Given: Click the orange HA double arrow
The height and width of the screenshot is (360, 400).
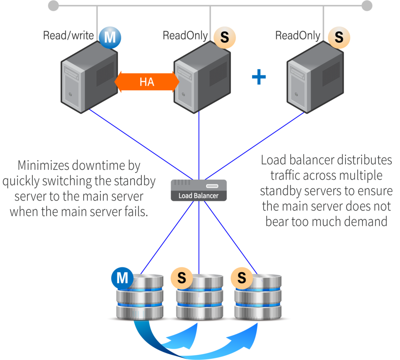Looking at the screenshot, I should tap(147, 82).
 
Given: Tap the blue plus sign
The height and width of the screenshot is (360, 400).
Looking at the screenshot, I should tap(259, 77).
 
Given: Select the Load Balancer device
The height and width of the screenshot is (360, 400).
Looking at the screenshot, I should tap(199, 190).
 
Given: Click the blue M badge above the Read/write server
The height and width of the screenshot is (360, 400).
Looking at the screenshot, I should tap(110, 38).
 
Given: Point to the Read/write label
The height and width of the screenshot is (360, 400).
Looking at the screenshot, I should tap(68, 36).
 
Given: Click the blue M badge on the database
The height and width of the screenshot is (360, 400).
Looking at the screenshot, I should tap(122, 278).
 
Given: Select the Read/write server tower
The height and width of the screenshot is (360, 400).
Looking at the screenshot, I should tap(89, 78).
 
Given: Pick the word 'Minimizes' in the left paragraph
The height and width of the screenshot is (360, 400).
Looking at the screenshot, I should tap(43, 166).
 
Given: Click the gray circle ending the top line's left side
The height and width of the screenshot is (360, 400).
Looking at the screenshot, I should tap(54, 5).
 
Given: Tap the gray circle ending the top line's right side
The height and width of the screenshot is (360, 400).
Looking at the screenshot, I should tap(367, 5).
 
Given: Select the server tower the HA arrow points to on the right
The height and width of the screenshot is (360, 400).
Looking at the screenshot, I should tap(202, 78).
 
